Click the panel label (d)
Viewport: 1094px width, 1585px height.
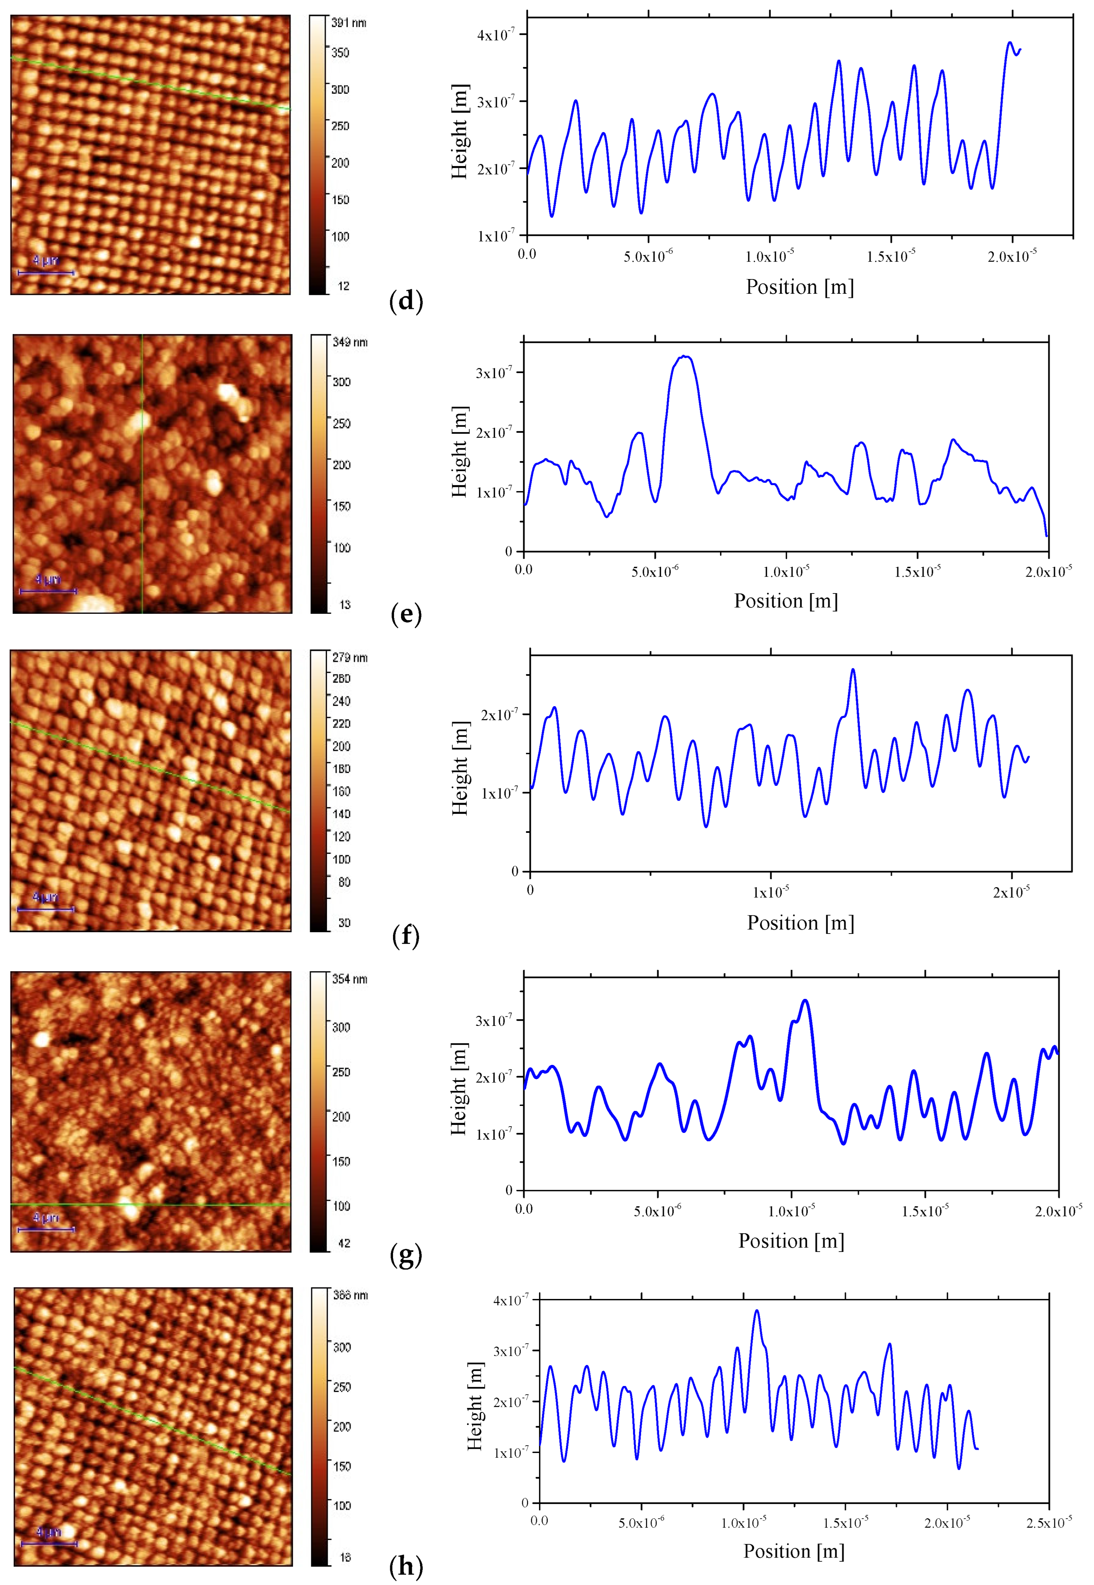tap(406, 301)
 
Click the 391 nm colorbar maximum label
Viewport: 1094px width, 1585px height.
tap(349, 22)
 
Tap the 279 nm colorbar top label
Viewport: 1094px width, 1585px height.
tap(349, 657)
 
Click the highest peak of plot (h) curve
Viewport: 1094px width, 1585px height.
tap(757, 1311)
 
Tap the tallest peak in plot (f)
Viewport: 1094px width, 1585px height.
tap(853, 670)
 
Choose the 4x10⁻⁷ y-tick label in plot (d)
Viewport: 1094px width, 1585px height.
tap(495, 34)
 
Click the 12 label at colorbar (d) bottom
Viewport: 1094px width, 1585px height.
tap(343, 286)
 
